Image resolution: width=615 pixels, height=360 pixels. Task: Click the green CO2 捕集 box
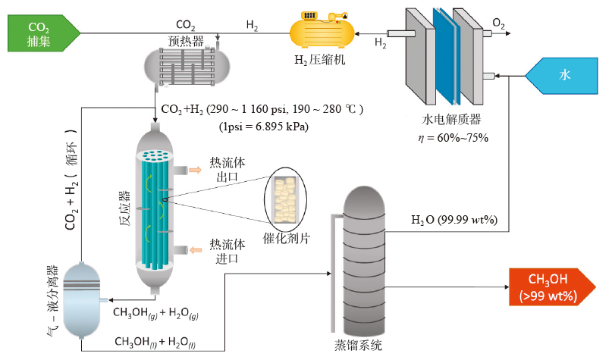click(41, 34)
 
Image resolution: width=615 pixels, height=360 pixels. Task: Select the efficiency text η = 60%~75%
click(454, 137)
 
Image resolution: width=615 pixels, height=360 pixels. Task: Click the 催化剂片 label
click(289, 237)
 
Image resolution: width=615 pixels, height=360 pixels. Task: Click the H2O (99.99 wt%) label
click(453, 220)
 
